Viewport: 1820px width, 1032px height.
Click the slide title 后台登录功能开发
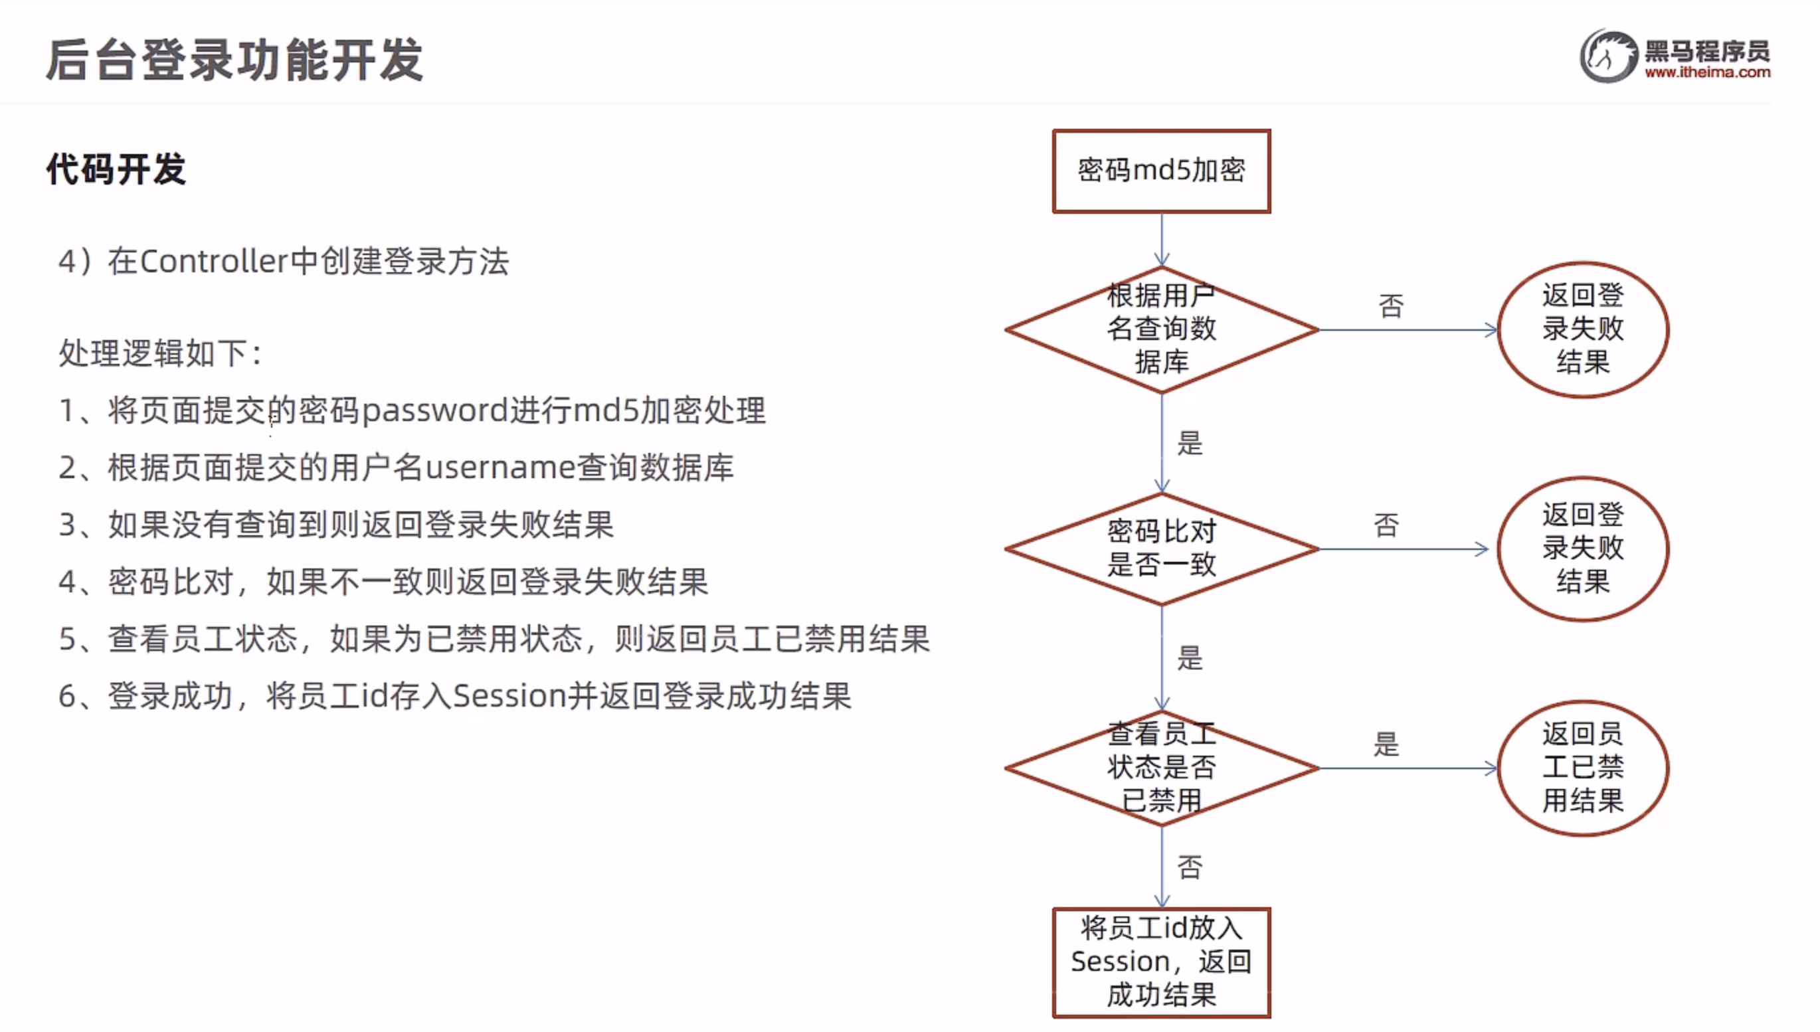coord(234,60)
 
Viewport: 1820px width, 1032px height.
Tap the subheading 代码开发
coord(116,169)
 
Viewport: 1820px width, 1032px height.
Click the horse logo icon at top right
coord(1608,56)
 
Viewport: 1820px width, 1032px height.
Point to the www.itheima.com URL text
coord(1707,72)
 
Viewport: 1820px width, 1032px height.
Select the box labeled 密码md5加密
coord(1161,171)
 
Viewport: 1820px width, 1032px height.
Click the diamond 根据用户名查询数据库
coord(1161,329)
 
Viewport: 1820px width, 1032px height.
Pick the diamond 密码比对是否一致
coord(1161,548)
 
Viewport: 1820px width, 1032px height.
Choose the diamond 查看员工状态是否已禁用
coord(1161,768)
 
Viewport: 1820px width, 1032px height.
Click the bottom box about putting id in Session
coord(1161,962)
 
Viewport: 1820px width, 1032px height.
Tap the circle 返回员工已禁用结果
coord(1583,768)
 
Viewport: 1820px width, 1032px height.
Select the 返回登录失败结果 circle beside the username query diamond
coord(1583,329)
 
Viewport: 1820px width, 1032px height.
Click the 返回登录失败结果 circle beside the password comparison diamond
coord(1583,548)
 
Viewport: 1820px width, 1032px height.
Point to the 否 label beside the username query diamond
coord(1390,306)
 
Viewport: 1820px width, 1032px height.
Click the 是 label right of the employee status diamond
coord(1386,744)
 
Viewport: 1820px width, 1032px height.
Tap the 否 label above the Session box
coord(1190,867)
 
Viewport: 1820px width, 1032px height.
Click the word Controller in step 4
coord(214,262)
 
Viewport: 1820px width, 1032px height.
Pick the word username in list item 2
coord(500,468)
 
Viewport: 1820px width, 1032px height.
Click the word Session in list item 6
coord(509,696)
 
